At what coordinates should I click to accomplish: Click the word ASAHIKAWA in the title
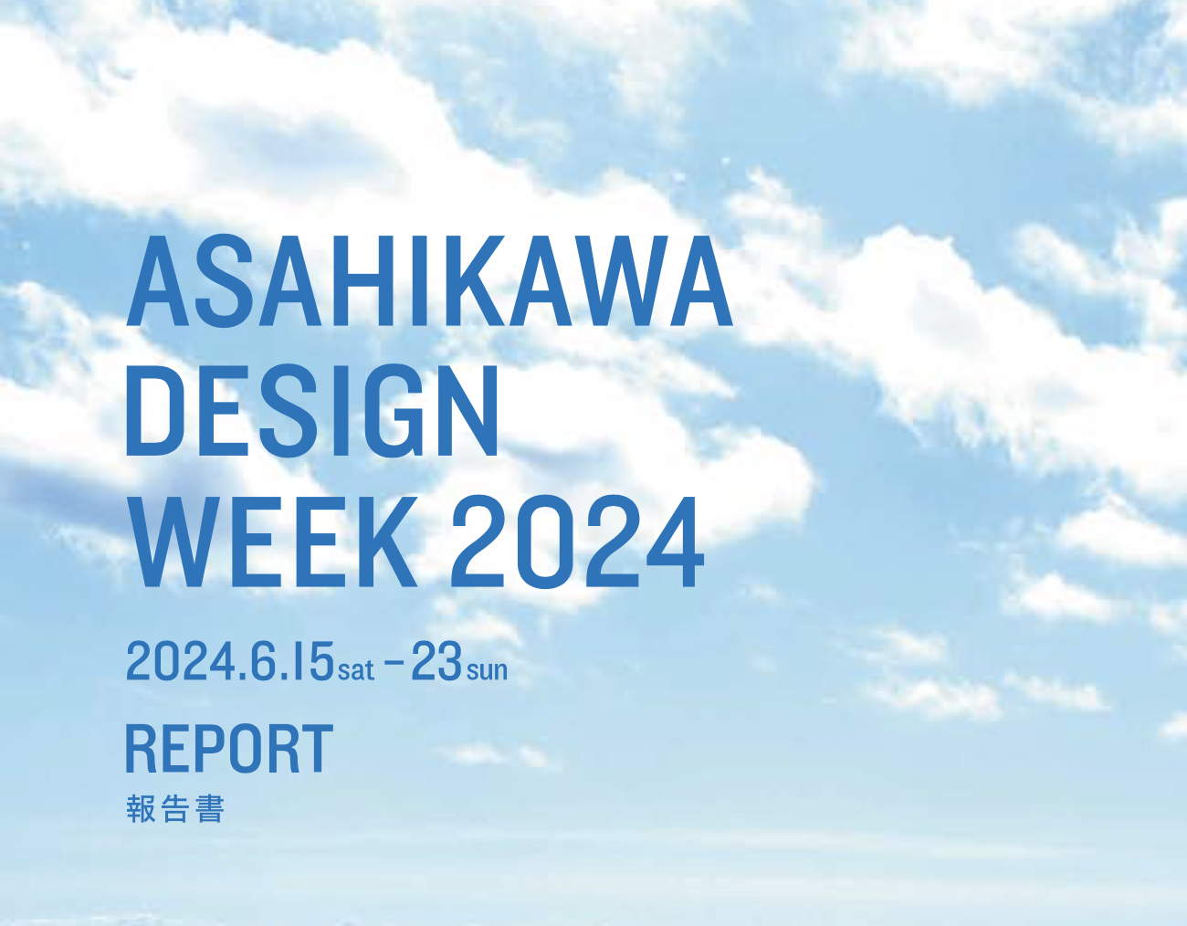tap(429, 281)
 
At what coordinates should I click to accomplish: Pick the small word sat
tap(356, 669)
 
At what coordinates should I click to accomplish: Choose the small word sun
tap(487, 669)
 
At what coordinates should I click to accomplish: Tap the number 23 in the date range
tap(436, 661)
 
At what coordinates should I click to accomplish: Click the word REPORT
tap(229, 749)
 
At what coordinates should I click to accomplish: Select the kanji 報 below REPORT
tap(141, 809)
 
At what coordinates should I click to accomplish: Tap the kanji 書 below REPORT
tap(209, 809)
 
